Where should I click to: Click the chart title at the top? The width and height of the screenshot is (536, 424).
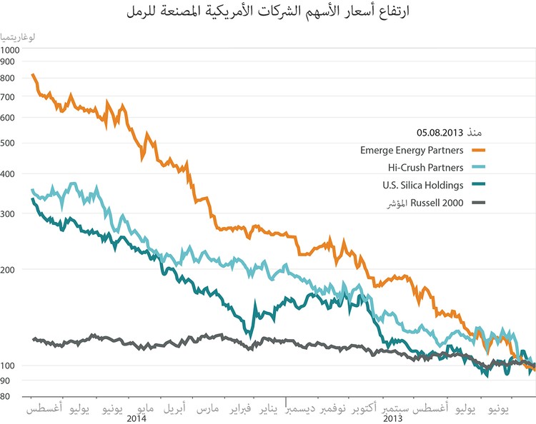tap(268, 12)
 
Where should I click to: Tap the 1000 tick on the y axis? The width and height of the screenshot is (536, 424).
tap(11, 50)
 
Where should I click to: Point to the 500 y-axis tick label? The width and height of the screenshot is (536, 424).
tap(9, 143)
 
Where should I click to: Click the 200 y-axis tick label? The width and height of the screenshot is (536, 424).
tap(9, 270)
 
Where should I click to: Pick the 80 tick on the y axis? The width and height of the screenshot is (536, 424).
tap(8, 397)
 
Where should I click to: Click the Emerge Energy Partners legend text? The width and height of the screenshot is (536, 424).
tap(412, 150)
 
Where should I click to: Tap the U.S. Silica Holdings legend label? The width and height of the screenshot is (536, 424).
tap(420, 186)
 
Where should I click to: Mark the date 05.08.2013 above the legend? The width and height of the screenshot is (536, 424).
tap(440, 133)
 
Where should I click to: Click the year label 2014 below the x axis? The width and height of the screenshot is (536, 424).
tap(136, 418)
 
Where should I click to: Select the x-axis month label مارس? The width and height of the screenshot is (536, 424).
tap(207, 408)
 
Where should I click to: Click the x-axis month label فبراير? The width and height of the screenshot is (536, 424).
tap(240, 408)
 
